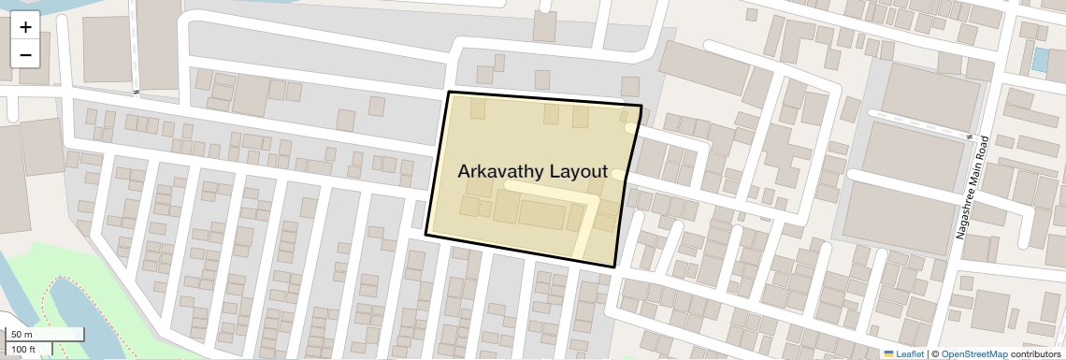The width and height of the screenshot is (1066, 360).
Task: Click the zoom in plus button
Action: click(x=25, y=27)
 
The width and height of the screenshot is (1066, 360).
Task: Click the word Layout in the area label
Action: click(x=578, y=172)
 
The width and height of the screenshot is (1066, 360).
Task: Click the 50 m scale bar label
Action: click(x=22, y=335)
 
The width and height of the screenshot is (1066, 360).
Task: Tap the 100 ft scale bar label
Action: click(x=23, y=349)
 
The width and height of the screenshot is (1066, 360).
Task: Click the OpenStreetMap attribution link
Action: click(x=973, y=354)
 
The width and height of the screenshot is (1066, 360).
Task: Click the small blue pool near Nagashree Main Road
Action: click(x=1039, y=59)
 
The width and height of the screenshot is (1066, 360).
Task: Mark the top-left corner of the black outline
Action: click(x=449, y=93)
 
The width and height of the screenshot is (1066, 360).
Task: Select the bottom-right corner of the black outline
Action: click(x=615, y=266)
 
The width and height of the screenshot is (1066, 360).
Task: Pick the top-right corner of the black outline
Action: click(x=641, y=107)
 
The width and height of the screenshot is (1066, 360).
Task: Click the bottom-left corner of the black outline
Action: click(x=426, y=234)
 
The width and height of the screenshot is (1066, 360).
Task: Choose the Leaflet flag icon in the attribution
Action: click(x=888, y=354)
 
